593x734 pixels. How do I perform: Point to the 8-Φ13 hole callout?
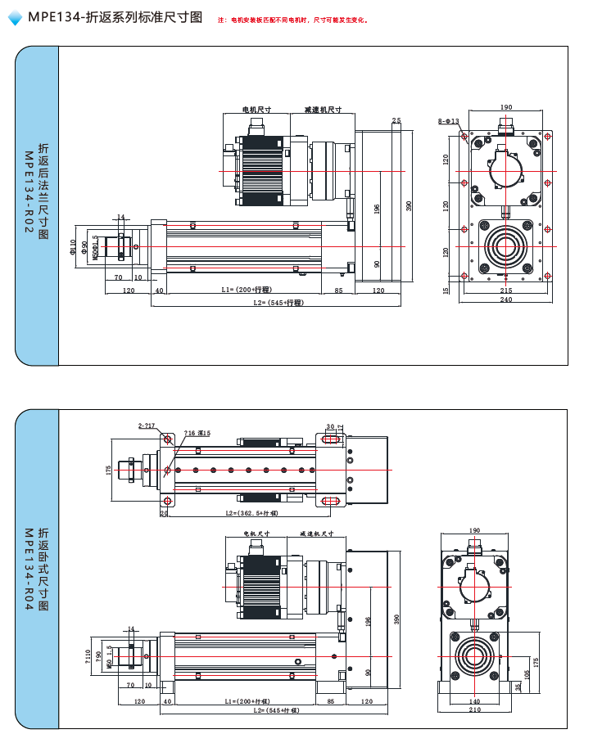448,121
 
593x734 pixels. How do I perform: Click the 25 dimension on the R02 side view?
396,121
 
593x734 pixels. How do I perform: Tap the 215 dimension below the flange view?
505,290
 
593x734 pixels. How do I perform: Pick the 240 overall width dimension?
505,300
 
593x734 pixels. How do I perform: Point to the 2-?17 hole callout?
147,426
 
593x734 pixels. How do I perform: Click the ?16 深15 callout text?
197,433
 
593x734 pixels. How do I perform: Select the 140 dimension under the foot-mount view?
475,701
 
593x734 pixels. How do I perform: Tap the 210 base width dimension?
475,710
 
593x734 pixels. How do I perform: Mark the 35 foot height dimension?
517,687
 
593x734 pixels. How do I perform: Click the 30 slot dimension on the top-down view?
329,426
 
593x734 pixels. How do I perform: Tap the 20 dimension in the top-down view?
164,513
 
